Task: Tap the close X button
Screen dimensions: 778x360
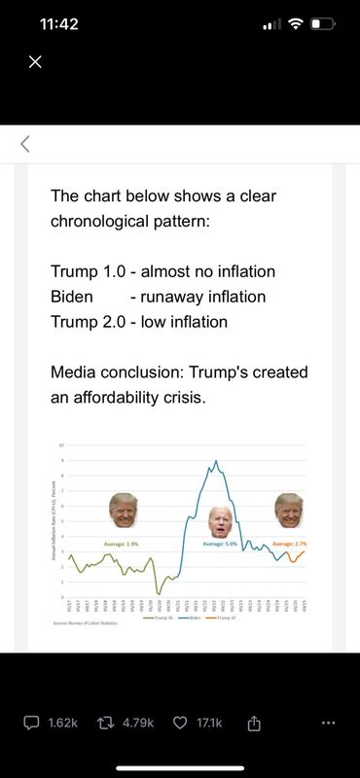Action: click(35, 62)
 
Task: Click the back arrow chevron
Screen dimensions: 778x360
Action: click(25, 145)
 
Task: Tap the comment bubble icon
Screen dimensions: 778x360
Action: click(31, 724)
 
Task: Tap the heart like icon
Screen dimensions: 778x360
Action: click(180, 724)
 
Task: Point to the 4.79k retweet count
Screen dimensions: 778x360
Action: click(137, 724)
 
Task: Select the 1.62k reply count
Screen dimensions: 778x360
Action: click(61, 724)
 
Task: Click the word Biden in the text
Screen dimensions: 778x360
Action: click(72, 297)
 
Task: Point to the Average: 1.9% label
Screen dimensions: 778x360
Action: click(122, 543)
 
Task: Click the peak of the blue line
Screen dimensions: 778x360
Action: click(215, 461)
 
